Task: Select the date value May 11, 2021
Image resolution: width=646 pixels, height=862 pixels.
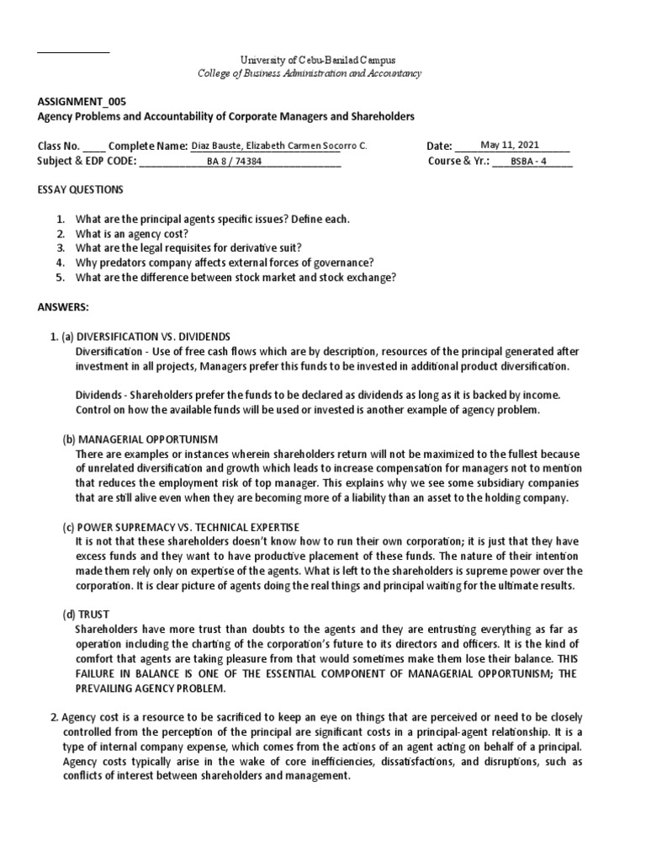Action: point(510,145)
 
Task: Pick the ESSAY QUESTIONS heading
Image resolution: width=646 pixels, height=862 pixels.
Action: point(81,189)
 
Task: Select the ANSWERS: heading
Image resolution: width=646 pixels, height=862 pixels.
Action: point(63,307)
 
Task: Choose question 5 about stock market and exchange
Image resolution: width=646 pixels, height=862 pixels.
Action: point(236,277)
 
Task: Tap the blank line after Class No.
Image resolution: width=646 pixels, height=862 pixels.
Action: point(95,147)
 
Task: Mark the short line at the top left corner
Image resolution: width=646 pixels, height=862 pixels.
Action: point(73,53)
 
